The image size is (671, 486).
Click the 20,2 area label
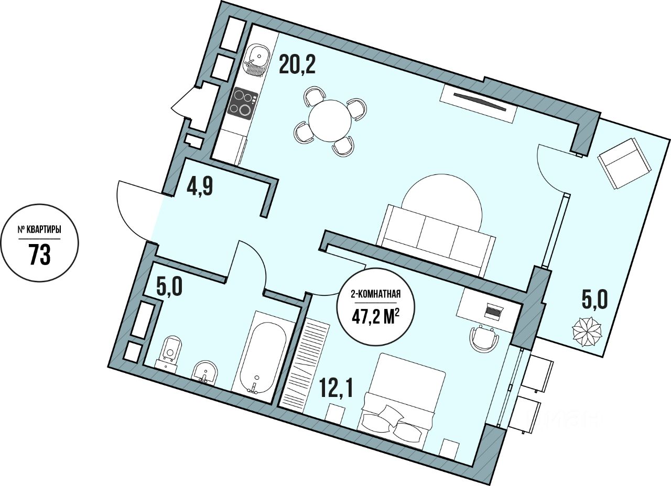point(297,65)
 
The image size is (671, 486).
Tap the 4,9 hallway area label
point(200,186)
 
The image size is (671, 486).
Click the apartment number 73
point(39,256)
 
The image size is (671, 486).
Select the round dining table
point(330,120)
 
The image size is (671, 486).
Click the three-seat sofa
point(437,239)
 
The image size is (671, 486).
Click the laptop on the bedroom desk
point(493,312)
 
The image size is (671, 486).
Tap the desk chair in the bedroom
point(483,338)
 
